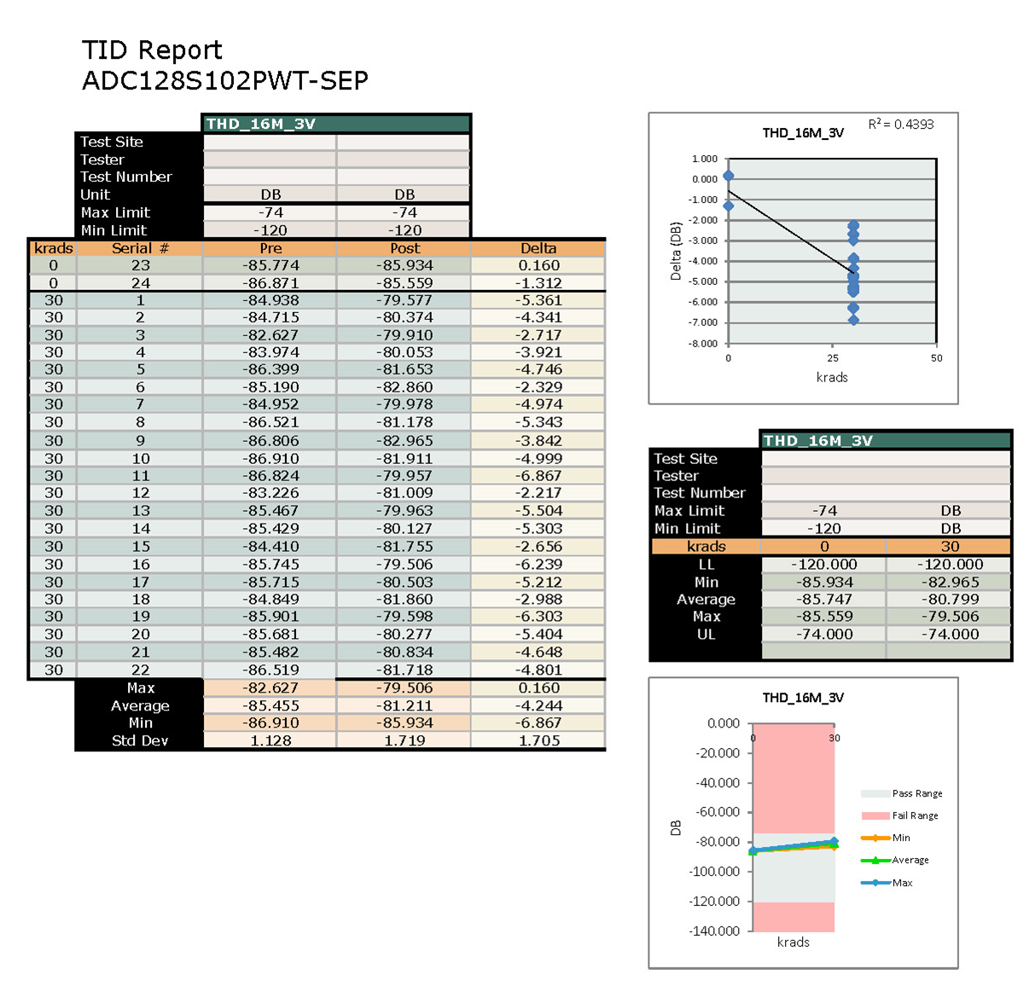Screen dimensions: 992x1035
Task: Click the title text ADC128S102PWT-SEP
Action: tap(224, 81)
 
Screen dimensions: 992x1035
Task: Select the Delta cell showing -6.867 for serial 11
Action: tap(538, 476)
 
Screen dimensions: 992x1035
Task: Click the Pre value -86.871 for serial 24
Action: tap(270, 283)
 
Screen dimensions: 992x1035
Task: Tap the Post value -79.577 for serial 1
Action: tap(404, 300)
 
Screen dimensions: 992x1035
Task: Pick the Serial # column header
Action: tap(140, 248)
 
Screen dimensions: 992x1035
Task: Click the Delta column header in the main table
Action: tap(538, 248)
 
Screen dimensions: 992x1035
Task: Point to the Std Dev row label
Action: tap(140, 740)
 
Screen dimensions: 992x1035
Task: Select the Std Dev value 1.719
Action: tap(404, 740)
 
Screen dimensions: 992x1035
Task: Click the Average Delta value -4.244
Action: tap(538, 705)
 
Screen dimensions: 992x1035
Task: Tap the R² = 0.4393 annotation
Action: tap(901, 125)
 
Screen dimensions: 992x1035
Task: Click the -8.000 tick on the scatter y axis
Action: tap(704, 344)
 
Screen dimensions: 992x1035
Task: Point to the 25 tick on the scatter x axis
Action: tap(833, 358)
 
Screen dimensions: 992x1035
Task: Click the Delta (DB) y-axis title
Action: tap(676, 252)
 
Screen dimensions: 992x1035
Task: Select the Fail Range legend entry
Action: tap(915, 815)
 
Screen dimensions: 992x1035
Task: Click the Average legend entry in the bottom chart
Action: tap(910, 860)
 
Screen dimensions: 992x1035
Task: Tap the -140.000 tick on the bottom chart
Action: tap(715, 931)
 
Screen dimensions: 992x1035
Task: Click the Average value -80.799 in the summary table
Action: tap(950, 600)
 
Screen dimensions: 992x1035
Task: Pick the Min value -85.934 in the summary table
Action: tap(824, 582)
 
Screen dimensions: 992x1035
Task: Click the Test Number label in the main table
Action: tap(125, 177)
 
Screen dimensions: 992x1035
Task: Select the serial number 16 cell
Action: tap(140, 564)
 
